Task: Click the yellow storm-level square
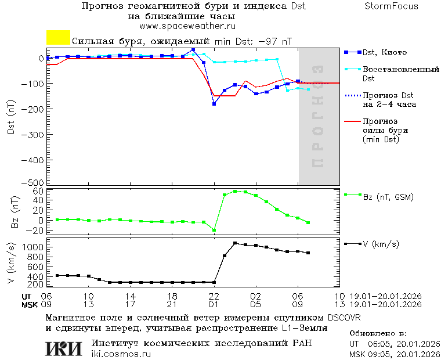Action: (58, 38)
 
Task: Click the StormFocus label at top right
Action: (391, 6)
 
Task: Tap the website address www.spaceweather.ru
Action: (187, 26)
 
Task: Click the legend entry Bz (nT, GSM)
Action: (388, 197)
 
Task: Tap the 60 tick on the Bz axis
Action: (39, 191)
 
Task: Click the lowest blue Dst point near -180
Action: (214, 104)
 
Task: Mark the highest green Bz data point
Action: (235, 191)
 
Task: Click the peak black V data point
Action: (235, 243)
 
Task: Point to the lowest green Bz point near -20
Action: (214, 231)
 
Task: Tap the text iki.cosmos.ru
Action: (121, 354)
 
